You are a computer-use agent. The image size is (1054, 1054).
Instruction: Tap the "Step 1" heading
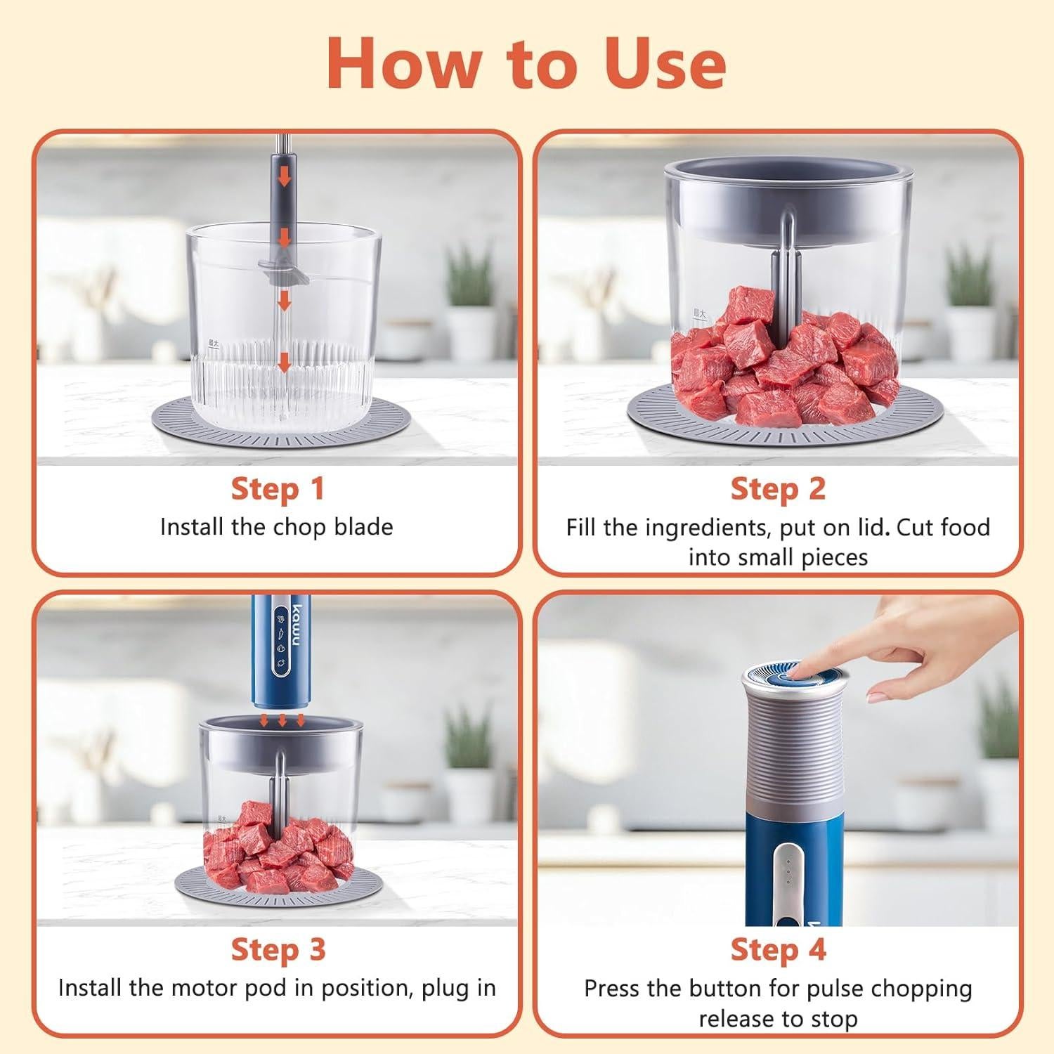(278, 489)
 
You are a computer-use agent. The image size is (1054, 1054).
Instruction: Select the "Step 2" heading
(778, 489)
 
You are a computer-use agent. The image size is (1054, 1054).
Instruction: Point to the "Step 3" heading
(278, 949)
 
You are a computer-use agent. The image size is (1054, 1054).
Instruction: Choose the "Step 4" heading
(778, 949)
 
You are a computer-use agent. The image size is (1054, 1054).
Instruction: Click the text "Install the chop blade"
(276, 527)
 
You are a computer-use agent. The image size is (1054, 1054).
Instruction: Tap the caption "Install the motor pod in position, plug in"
(277, 988)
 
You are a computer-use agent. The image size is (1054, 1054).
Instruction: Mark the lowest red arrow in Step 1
(284, 362)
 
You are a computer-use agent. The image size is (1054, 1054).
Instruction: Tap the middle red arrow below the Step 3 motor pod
(282, 720)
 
